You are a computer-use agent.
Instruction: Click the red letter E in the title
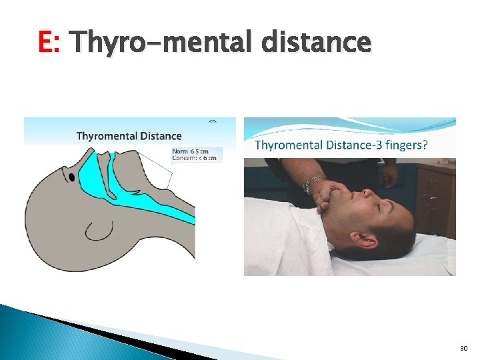pos(47,43)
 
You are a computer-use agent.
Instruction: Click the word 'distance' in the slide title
pos(316,43)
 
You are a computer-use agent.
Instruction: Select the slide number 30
pos(464,349)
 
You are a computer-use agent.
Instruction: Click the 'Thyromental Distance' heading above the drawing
pos(129,136)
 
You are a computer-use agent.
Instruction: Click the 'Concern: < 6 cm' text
pos(195,158)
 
